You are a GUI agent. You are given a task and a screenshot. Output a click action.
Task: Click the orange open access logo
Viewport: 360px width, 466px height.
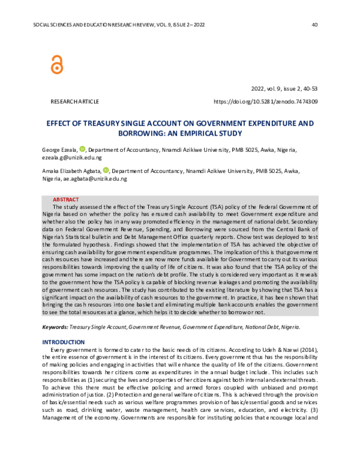pyautogui.click(x=57, y=63)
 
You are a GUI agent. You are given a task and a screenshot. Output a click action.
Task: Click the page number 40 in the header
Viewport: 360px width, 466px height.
pyautogui.click(x=315, y=25)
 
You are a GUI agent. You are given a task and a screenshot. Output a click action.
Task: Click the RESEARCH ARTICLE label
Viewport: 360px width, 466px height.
pyautogui.click(x=75, y=102)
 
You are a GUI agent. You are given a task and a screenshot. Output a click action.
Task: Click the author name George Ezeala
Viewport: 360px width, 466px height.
pyautogui.click(x=59, y=150)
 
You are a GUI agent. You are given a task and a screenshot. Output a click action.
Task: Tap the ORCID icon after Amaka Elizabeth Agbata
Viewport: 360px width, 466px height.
pyautogui.click(x=106, y=170)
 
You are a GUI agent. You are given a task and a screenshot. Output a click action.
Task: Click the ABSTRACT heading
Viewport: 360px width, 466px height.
pyautogui.click(x=65, y=199)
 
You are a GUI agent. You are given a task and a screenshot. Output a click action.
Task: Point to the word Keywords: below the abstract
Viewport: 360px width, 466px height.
pyautogui.click(x=55, y=327)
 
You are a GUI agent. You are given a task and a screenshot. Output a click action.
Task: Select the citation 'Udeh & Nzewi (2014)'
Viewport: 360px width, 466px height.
pyautogui.click(x=291, y=349)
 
